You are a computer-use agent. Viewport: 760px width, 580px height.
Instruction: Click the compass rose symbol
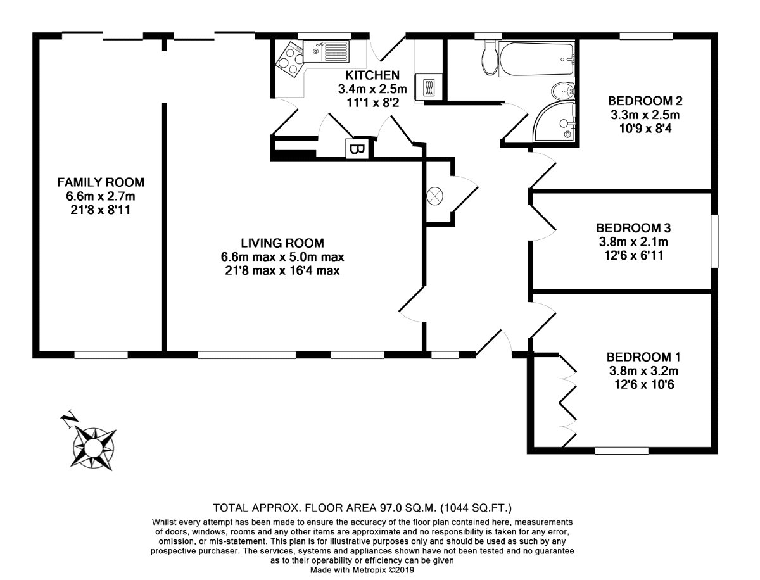(x=94, y=448)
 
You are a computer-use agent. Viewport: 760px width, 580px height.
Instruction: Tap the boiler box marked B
(x=357, y=149)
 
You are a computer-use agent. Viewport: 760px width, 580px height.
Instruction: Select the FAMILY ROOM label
(x=101, y=182)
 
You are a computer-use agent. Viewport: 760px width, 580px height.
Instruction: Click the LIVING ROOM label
(x=282, y=243)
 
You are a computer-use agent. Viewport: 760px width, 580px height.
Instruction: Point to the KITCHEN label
(x=372, y=75)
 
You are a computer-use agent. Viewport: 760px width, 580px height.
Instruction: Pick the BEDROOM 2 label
(x=645, y=101)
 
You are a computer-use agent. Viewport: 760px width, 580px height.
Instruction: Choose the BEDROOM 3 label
(x=633, y=228)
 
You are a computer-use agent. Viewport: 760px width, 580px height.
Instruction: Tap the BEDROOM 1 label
(x=643, y=356)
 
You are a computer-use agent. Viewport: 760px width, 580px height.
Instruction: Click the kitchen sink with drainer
(x=326, y=51)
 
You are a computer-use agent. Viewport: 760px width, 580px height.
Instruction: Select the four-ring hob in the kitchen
(x=289, y=59)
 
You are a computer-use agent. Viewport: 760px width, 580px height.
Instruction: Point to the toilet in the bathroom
(x=489, y=58)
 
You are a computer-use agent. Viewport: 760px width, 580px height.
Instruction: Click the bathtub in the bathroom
(x=536, y=59)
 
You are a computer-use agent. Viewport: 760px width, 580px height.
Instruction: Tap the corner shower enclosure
(x=554, y=121)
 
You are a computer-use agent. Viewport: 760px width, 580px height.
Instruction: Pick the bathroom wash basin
(x=563, y=91)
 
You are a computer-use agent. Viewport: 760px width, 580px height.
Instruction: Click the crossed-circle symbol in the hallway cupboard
(x=435, y=196)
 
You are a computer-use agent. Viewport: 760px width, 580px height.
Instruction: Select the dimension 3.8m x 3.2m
(x=643, y=371)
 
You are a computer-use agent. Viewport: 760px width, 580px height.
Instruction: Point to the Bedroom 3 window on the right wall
(x=714, y=241)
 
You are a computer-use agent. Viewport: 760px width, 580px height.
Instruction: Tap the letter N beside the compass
(x=68, y=418)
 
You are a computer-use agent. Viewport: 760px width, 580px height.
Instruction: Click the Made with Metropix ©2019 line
(x=362, y=570)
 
